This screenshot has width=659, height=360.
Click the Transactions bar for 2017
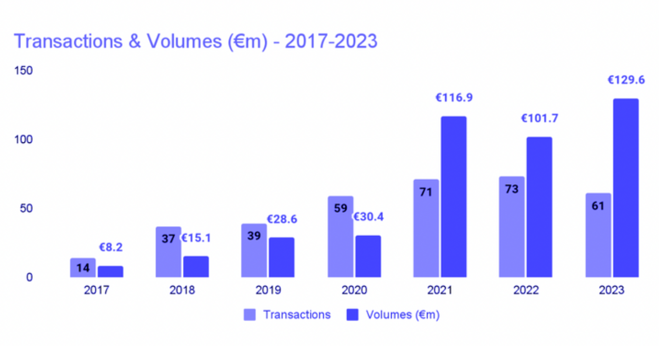click(x=83, y=267)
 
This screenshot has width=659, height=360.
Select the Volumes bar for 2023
click(x=626, y=188)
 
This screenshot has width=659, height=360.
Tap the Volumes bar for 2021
click(x=454, y=197)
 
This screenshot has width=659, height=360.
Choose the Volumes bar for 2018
click(x=196, y=267)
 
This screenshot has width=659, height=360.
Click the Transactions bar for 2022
click(x=512, y=227)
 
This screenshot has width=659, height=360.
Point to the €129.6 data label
click(x=626, y=80)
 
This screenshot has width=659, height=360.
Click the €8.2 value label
click(x=111, y=247)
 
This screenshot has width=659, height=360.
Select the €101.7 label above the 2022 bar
click(x=540, y=118)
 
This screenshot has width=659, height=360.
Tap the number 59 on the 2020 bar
click(x=340, y=208)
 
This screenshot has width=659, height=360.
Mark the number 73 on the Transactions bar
click(x=512, y=189)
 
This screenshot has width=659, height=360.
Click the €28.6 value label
click(x=282, y=219)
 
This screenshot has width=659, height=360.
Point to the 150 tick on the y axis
click(x=23, y=70)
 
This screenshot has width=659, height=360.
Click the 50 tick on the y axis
click(x=26, y=208)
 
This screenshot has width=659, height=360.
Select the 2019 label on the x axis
click(x=268, y=290)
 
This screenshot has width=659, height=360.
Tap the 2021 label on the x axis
click(x=440, y=290)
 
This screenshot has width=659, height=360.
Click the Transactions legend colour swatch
click(x=250, y=315)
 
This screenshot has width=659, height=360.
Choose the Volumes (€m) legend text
click(x=402, y=315)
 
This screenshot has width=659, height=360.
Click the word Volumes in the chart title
click(x=184, y=42)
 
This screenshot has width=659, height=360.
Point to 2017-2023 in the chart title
click(x=331, y=42)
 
